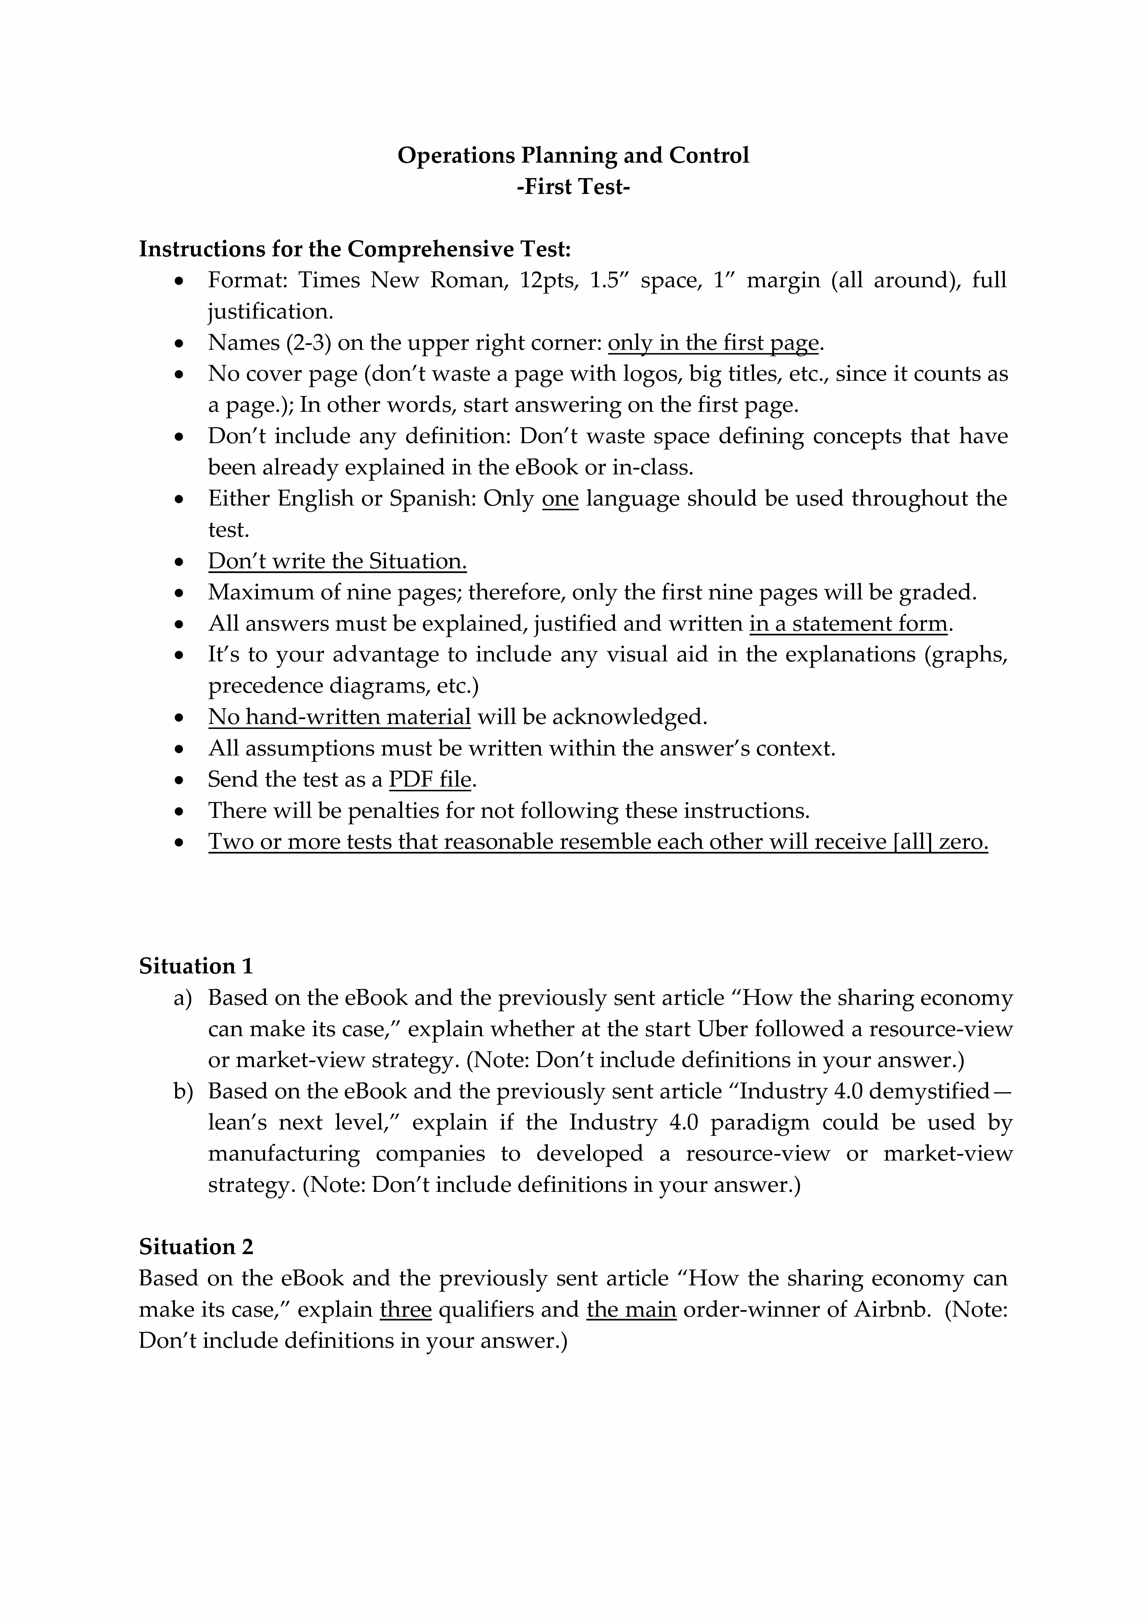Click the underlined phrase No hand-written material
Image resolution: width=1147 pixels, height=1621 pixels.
(x=339, y=717)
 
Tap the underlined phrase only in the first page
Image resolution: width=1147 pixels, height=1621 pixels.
(x=713, y=343)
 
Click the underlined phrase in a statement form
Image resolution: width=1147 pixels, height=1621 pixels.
(x=848, y=624)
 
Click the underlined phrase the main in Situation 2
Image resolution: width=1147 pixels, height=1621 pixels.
(x=631, y=1310)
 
